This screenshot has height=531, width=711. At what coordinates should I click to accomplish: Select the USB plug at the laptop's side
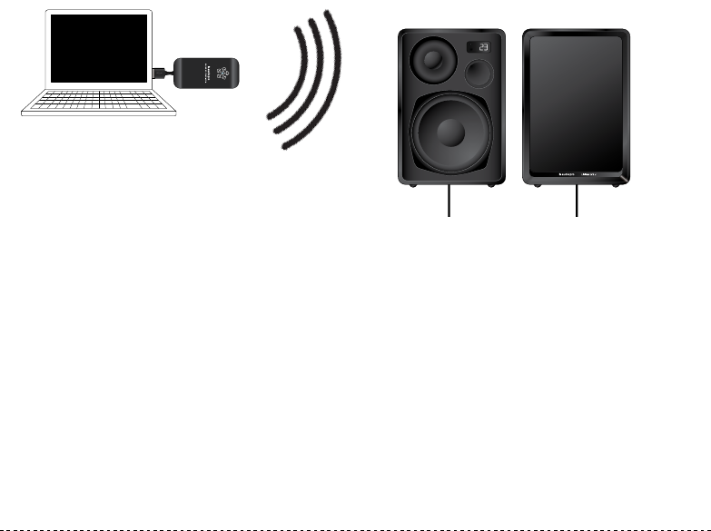[161, 70]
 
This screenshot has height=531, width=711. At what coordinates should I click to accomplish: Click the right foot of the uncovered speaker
[491, 185]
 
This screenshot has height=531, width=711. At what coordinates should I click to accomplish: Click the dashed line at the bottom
[355, 524]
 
